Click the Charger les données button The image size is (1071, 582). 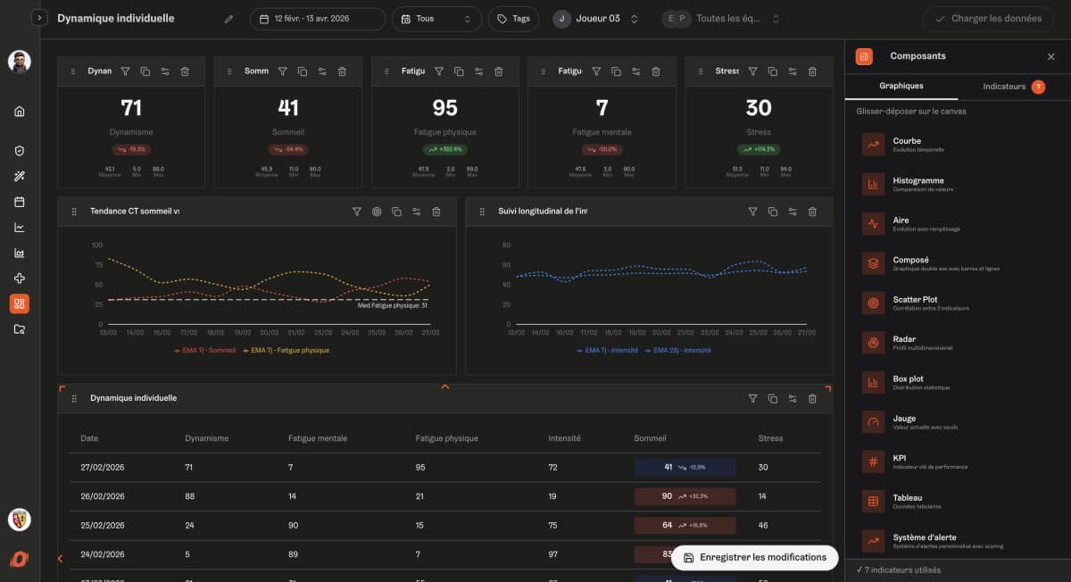pos(987,19)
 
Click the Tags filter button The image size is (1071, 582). pos(513,19)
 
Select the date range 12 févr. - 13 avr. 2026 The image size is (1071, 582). pos(318,19)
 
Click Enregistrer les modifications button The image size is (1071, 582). pos(754,557)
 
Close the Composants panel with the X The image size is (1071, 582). pos(1050,56)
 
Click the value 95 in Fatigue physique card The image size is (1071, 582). pos(444,108)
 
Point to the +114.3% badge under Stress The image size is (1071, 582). pos(759,149)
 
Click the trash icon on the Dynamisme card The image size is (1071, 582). pos(185,71)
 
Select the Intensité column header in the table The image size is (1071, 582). pos(564,438)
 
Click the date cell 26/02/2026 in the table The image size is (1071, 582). pos(103,496)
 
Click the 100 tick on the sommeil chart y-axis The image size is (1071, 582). pos(97,245)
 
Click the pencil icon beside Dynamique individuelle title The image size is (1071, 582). pos(228,19)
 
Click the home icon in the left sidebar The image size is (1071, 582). pos(20,112)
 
